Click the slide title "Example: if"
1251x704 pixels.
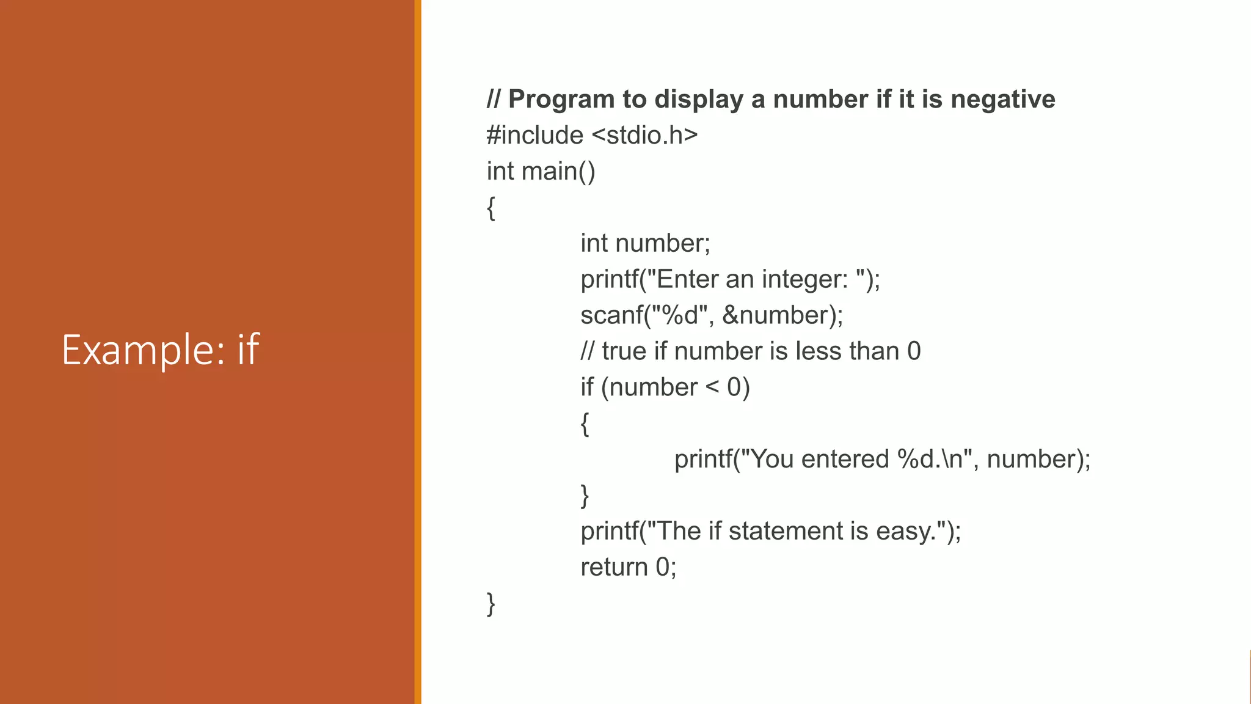tap(161, 350)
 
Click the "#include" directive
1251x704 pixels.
tap(534, 135)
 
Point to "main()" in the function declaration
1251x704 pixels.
tap(558, 171)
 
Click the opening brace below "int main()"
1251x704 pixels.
tap(491, 208)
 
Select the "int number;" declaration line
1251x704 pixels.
tap(645, 243)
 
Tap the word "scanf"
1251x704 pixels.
tap(611, 315)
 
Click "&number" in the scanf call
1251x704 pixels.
tap(775, 315)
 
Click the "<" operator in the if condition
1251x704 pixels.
tap(712, 387)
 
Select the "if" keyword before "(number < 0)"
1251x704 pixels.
tap(587, 387)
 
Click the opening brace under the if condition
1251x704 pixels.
tap(585, 424)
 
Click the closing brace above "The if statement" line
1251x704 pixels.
tap(585, 496)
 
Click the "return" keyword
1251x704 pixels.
tap(613, 567)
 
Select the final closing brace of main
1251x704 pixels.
tap(491, 604)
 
